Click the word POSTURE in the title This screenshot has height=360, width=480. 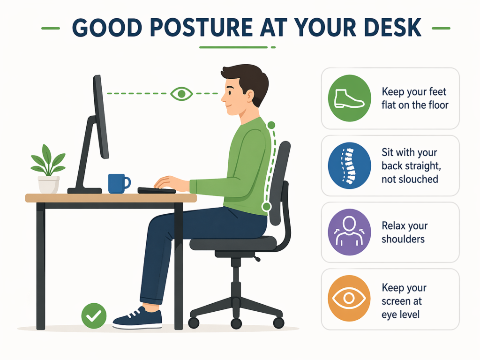tap(202, 28)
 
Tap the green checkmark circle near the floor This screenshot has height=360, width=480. tap(94, 316)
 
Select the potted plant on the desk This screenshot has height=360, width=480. tap(48, 169)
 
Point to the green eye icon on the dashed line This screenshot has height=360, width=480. tap(181, 94)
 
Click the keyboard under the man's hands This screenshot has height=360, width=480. tap(157, 190)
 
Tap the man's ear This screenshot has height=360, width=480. tap(249, 96)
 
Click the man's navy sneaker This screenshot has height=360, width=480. tap(137, 318)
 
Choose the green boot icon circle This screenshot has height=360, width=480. tap(349, 98)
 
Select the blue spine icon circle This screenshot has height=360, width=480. tap(349, 165)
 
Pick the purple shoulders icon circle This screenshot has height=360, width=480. tap(349, 232)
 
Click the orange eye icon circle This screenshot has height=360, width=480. tap(349, 298)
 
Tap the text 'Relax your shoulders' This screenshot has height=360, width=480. tap(405, 232)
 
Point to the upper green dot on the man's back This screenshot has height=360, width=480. tap(271, 125)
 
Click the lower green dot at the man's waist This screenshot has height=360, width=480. tap(267, 207)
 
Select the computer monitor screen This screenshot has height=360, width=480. tap(101, 116)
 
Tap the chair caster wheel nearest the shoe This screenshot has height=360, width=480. tap(194, 322)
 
